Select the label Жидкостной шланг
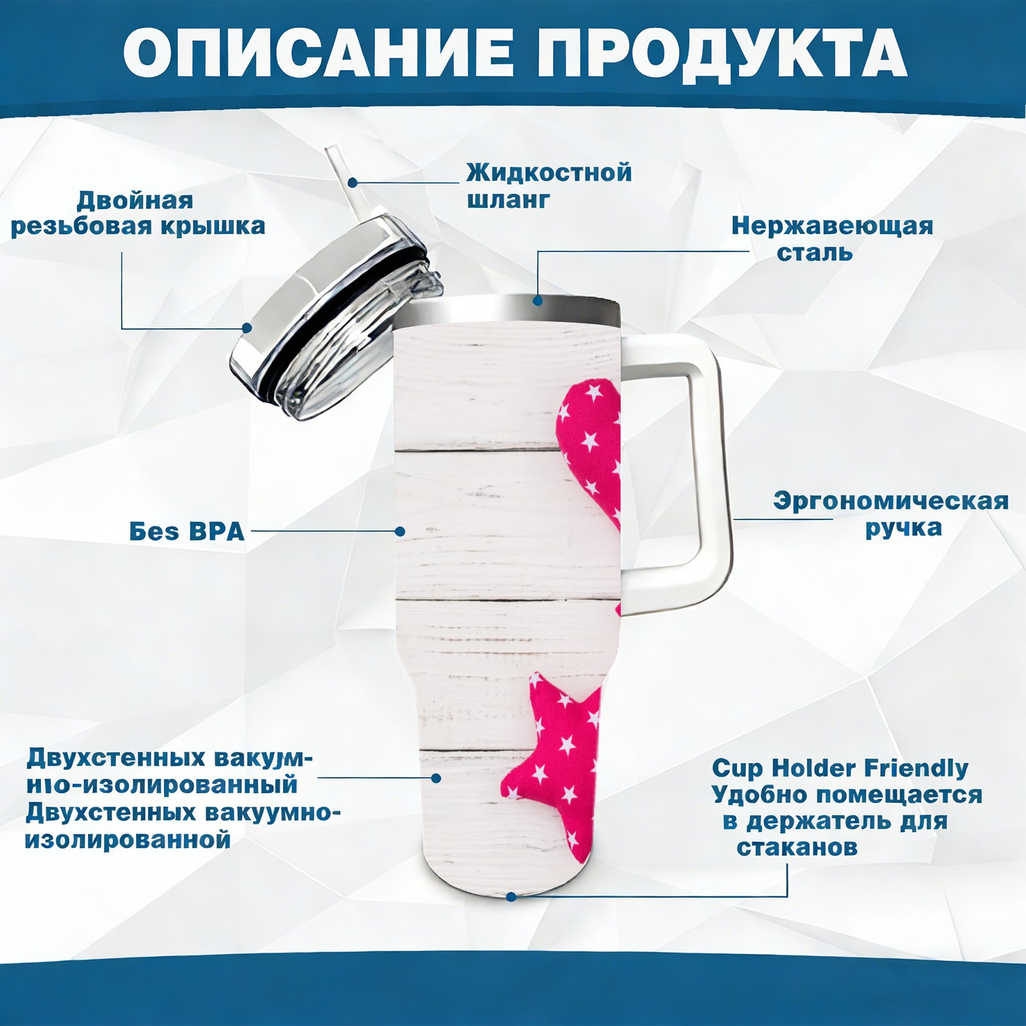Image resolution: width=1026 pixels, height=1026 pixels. pyautogui.click(x=549, y=186)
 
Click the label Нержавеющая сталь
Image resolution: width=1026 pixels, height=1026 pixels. pyautogui.click(x=832, y=239)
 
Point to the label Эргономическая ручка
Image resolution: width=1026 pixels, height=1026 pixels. pyautogui.click(x=891, y=514)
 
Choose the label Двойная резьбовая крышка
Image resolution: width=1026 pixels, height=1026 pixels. pyautogui.click(x=138, y=214)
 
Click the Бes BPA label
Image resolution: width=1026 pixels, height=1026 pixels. pyautogui.click(x=187, y=532)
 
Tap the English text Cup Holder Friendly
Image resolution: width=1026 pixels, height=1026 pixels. pyautogui.click(x=840, y=768)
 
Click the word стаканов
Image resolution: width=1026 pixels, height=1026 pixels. pyautogui.click(x=797, y=847)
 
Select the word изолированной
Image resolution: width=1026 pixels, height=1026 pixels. pyautogui.click(x=128, y=839)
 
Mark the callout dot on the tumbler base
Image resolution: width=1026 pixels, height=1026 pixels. pyautogui.click(x=511, y=896)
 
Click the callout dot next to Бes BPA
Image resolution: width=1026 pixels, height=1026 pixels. pyautogui.click(x=400, y=531)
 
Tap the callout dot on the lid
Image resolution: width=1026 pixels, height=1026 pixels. pyautogui.click(x=246, y=328)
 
